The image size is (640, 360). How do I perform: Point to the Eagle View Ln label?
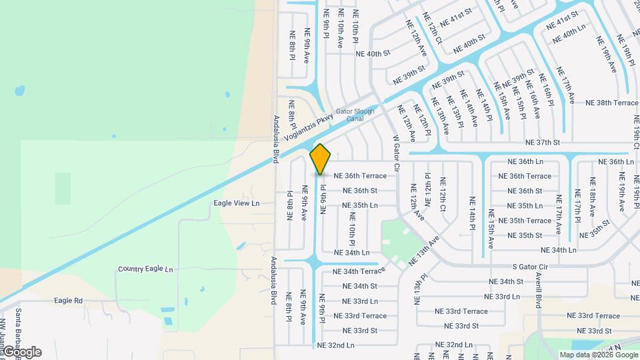[236, 203]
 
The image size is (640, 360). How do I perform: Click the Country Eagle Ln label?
[145, 269]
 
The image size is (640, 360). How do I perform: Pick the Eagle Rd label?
[69, 301]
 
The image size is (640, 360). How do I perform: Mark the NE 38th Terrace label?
[612, 103]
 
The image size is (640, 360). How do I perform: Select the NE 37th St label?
[543, 143]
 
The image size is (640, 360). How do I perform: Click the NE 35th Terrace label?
[529, 221]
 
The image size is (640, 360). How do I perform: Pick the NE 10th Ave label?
[340, 29]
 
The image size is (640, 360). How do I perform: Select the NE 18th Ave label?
[592, 197]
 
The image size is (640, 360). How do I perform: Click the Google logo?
[22, 352]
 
